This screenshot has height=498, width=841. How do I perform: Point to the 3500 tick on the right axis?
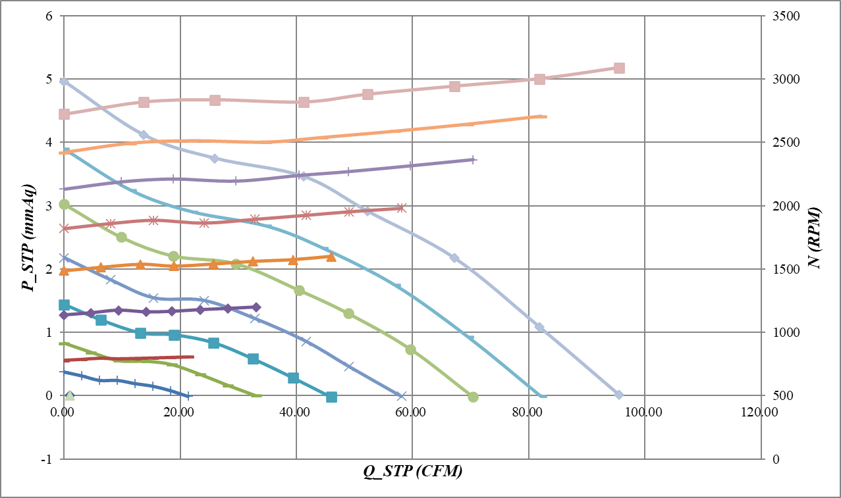[786, 16]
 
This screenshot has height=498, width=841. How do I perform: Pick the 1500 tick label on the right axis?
[786, 268]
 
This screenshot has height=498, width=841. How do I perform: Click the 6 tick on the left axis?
[48, 16]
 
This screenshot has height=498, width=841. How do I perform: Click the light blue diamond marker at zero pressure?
[618, 395]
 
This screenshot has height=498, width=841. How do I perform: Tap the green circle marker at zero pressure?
[473, 397]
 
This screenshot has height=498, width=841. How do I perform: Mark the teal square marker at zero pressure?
[331, 397]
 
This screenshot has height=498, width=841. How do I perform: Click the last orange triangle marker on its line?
[331, 256]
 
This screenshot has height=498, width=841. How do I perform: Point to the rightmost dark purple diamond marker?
[256, 307]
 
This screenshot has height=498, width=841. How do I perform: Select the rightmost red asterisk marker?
[401, 208]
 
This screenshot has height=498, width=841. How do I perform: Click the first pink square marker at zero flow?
[64, 114]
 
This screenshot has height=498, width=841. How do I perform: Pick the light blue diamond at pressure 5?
[64, 82]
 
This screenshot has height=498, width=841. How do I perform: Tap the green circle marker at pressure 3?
[64, 205]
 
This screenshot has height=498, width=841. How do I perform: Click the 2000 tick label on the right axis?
[786, 205]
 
